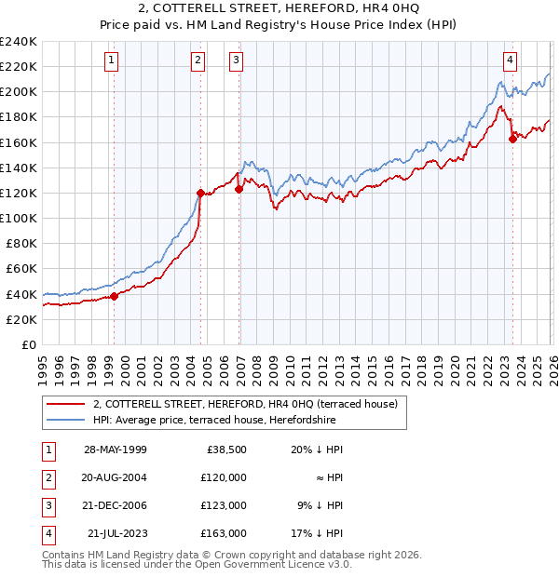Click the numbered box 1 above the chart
(x=111, y=61)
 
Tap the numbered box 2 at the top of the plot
(x=198, y=61)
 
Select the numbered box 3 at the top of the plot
(x=237, y=61)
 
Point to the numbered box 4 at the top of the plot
(x=511, y=61)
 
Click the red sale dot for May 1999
(x=115, y=296)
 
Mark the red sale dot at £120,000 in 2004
(x=200, y=193)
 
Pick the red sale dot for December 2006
(x=239, y=189)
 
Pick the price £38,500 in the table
(x=225, y=450)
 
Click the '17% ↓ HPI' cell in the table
(x=320, y=533)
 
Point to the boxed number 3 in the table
(x=47, y=505)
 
